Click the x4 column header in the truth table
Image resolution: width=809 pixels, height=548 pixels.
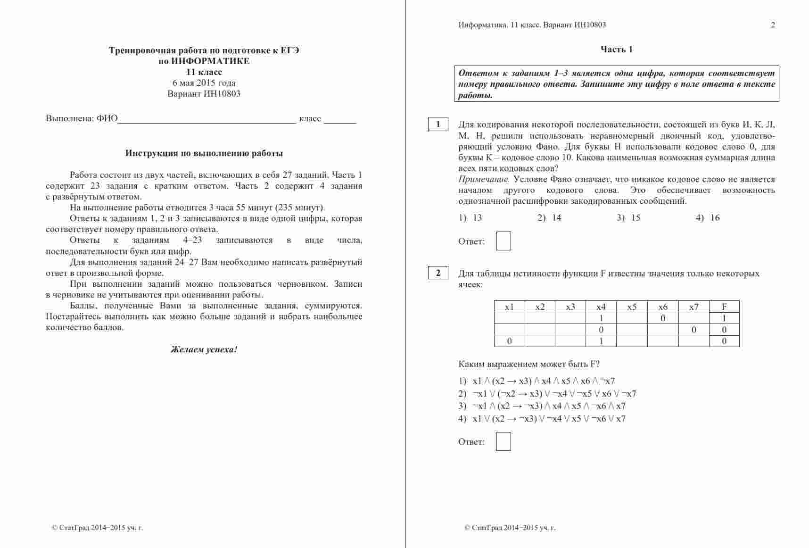click(x=601, y=307)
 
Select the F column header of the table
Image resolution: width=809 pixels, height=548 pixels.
click(x=724, y=307)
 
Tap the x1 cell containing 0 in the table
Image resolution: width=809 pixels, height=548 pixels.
click(x=509, y=341)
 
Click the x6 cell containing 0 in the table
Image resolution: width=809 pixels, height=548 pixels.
click(x=662, y=318)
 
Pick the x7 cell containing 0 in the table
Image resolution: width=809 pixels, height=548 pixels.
click(x=693, y=330)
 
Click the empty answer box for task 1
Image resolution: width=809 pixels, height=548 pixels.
click(x=504, y=241)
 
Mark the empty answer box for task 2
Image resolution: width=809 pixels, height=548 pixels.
click(x=504, y=441)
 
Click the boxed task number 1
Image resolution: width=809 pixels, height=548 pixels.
click(x=438, y=125)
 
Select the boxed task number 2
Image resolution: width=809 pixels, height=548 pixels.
click(x=438, y=273)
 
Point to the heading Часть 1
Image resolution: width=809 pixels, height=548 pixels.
click(x=616, y=50)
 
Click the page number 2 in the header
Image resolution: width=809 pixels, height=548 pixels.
click(x=773, y=25)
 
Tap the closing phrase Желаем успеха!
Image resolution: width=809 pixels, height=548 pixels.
click(x=204, y=349)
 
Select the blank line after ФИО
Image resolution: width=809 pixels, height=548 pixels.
click(x=206, y=119)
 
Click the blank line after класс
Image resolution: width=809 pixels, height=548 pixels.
click(x=340, y=119)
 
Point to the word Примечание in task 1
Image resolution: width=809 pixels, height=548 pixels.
click(x=484, y=180)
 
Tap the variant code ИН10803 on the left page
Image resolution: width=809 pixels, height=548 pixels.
click(x=222, y=94)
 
